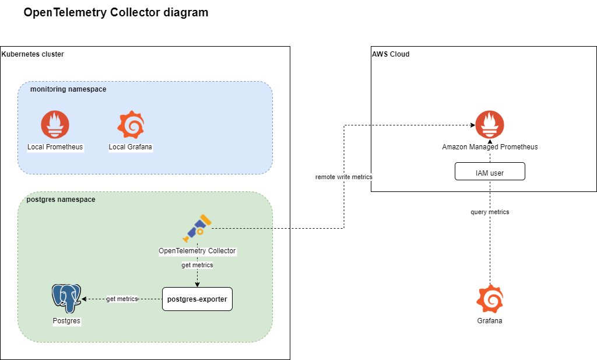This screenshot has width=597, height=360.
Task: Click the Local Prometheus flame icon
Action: pos(55,124)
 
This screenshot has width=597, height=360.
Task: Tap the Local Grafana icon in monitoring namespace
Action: pos(131,124)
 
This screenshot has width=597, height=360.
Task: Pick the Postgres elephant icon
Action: pos(66,298)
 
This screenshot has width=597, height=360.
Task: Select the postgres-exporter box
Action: pos(197,299)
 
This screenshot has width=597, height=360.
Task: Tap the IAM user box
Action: pos(490,172)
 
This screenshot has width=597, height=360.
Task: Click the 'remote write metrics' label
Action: pos(344,176)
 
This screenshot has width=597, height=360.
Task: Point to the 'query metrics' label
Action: pos(490,212)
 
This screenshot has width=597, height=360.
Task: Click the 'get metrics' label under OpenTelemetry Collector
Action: pos(197,265)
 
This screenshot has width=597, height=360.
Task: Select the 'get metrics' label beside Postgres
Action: pos(121,299)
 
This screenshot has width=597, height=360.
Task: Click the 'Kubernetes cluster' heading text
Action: pos(33,54)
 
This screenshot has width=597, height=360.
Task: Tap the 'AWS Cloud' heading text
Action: pos(391,54)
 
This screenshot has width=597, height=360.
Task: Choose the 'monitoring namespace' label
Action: pos(68,89)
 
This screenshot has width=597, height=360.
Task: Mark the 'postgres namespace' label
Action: pos(61,200)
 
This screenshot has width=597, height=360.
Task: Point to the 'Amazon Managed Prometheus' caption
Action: pos(490,147)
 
